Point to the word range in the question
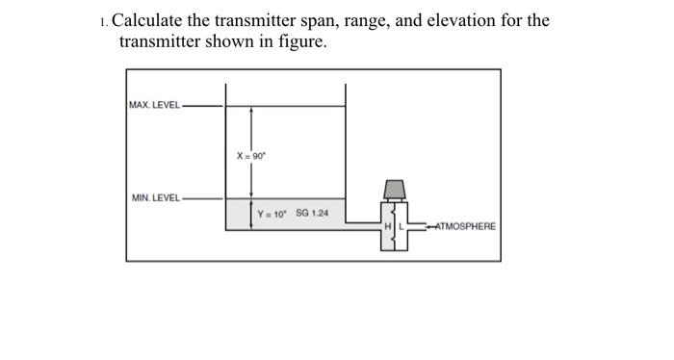tap(372, 21)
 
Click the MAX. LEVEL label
tap(154, 104)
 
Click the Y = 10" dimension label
tap(269, 214)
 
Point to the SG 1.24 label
tap(312, 213)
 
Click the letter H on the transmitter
tap(387, 226)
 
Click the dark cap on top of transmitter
tap(394, 188)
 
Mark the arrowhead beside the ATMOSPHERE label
tap(430, 226)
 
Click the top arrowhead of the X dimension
tap(250, 111)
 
